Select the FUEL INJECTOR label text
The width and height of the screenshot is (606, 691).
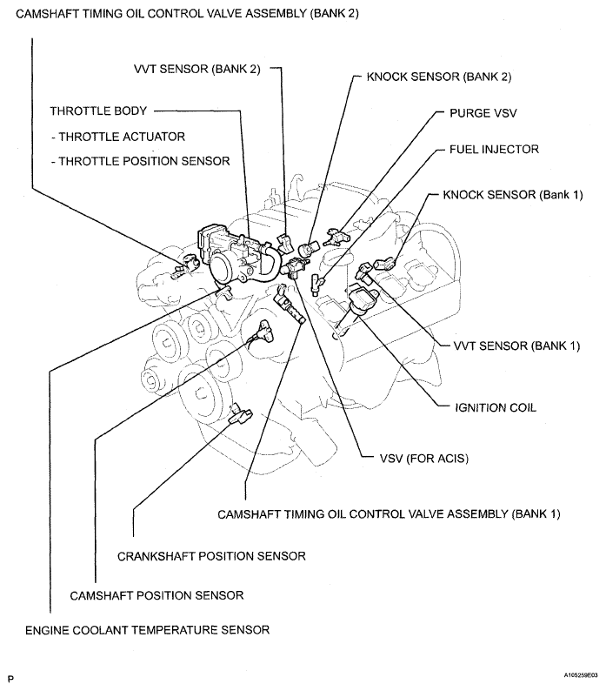494,150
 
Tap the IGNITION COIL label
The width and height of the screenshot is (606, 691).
496,406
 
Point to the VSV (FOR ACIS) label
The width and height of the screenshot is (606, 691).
413,458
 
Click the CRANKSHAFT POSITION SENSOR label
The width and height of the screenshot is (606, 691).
211,555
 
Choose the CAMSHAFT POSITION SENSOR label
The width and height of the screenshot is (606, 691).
156,595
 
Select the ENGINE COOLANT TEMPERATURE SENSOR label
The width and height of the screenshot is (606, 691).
147,629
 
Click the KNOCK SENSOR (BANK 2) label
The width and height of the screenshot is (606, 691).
439,77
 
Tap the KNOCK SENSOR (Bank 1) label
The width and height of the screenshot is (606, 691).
512,194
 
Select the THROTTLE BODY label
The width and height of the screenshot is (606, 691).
98,111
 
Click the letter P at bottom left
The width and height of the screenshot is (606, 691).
11,676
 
